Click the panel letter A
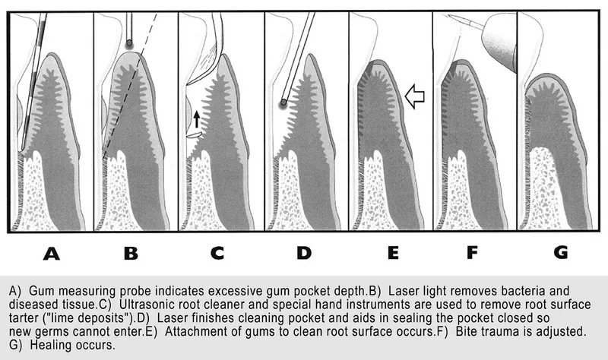(x=52, y=254)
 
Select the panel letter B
(x=131, y=254)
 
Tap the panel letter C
(x=217, y=254)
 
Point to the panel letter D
(x=304, y=254)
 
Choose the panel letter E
(x=393, y=254)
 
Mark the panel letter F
(x=472, y=254)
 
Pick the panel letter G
(x=561, y=254)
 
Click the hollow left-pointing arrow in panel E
(x=414, y=96)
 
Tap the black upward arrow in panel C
(x=197, y=119)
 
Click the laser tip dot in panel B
(x=129, y=43)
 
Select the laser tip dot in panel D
(x=283, y=103)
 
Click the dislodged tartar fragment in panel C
(x=195, y=135)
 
